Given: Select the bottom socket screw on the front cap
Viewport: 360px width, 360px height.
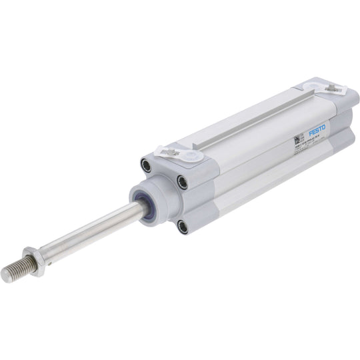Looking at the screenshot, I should (x=182, y=227).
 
